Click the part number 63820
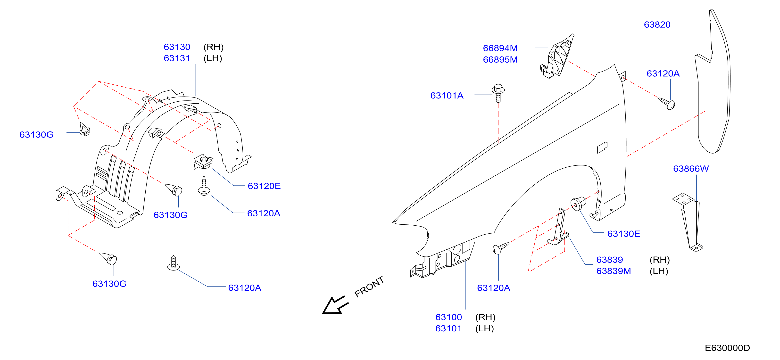[657, 25]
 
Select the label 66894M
[500, 48]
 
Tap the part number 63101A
[447, 96]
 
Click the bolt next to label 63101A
[498, 93]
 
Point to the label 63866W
[691, 169]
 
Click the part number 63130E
[624, 234]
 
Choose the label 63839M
[614, 271]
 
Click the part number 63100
[448, 317]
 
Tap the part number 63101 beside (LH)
[448, 328]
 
